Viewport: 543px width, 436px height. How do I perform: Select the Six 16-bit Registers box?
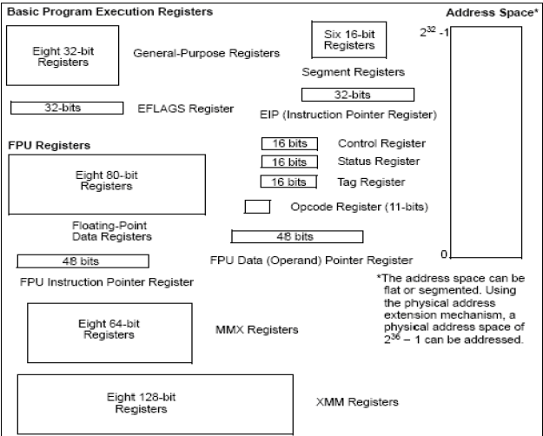tap(342, 40)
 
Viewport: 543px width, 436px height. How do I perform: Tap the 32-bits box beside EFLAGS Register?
tap(65, 109)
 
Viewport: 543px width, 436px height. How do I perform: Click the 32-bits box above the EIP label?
tap(357, 94)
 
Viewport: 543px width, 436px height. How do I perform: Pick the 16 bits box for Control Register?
tap(284, 143)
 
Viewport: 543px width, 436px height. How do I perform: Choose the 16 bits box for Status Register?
tap(284, 162)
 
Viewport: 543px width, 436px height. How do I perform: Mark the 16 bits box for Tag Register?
tap(284, 182)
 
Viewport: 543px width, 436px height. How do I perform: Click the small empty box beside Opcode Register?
tap(257, 207)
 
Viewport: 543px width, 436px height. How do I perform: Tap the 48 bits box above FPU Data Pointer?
tap(296, 236)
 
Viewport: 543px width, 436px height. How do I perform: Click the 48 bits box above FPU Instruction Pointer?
tap(83, 261)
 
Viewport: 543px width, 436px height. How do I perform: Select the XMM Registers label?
tap(356, 402)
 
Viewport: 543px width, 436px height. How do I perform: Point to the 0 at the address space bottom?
tap(444, 254)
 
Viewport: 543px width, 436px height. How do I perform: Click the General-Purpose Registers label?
tap(206, 54)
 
